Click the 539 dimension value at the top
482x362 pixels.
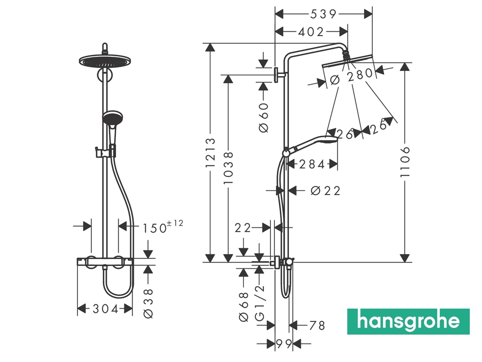[323, 14]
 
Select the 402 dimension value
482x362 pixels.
[311, 32]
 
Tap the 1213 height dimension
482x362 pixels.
[211, 153]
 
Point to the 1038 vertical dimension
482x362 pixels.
[228, 168]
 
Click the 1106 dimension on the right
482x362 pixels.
[405, 162]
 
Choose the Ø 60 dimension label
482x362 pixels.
[264, 118]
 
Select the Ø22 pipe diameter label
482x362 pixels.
[326, 191]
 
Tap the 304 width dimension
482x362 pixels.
[105, 309]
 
